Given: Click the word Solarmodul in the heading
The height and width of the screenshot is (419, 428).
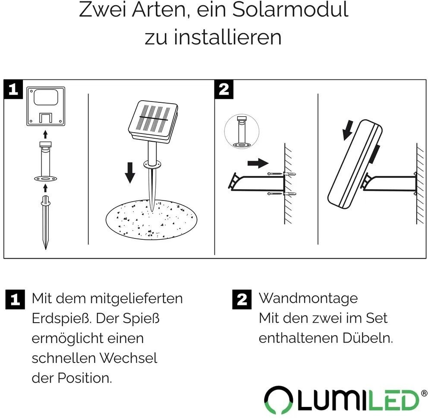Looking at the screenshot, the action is point(290,10).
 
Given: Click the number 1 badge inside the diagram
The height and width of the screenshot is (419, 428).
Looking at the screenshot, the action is point(13,89).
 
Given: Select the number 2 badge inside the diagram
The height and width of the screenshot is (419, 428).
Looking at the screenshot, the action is point(224,89).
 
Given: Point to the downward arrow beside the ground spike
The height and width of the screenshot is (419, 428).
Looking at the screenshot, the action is point(130,172).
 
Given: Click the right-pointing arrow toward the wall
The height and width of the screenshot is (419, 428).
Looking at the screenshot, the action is point(258,163).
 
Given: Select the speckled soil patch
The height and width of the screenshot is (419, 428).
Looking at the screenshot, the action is point(151,219).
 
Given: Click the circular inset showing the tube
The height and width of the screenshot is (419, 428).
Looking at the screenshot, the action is point(242,131).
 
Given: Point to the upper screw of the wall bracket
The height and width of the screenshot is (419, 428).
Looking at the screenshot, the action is point(282,174).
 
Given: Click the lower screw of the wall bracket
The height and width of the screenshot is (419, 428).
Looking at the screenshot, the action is point(282,194).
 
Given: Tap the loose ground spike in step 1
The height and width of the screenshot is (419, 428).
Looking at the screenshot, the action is point(46,222).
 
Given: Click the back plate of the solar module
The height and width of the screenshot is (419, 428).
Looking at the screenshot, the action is point(46,106).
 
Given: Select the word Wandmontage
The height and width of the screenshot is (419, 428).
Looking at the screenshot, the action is point(308,298).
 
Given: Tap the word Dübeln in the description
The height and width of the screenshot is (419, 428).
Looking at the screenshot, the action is point(368,338).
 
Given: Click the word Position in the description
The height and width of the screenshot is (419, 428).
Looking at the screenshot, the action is point(85,378).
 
